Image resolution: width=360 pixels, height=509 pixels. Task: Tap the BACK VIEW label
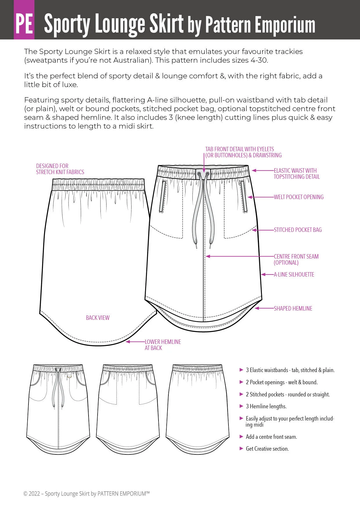[98, 318]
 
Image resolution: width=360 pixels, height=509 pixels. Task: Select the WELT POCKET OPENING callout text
[298, 197]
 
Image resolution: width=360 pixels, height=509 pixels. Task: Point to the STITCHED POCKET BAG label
[298, 230]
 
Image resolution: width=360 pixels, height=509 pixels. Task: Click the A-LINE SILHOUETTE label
[294, 275]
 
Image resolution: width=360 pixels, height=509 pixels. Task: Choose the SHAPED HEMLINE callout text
[293, 308]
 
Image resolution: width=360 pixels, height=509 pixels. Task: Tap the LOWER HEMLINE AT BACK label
[163, 345]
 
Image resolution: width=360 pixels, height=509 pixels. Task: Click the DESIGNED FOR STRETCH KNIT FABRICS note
[60, 169]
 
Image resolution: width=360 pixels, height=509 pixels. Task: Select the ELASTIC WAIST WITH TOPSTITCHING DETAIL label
[296, 174]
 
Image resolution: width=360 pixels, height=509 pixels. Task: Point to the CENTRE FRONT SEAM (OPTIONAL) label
[296, 259]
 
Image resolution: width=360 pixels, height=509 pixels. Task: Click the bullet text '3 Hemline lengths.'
[266, 406]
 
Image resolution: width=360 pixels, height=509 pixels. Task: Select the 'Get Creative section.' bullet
[267, 449]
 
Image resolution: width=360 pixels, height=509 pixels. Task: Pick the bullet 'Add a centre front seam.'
[271, 437]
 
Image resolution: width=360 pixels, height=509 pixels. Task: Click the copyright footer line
[87, 493]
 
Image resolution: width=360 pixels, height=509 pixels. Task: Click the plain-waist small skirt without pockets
[197, 409]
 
